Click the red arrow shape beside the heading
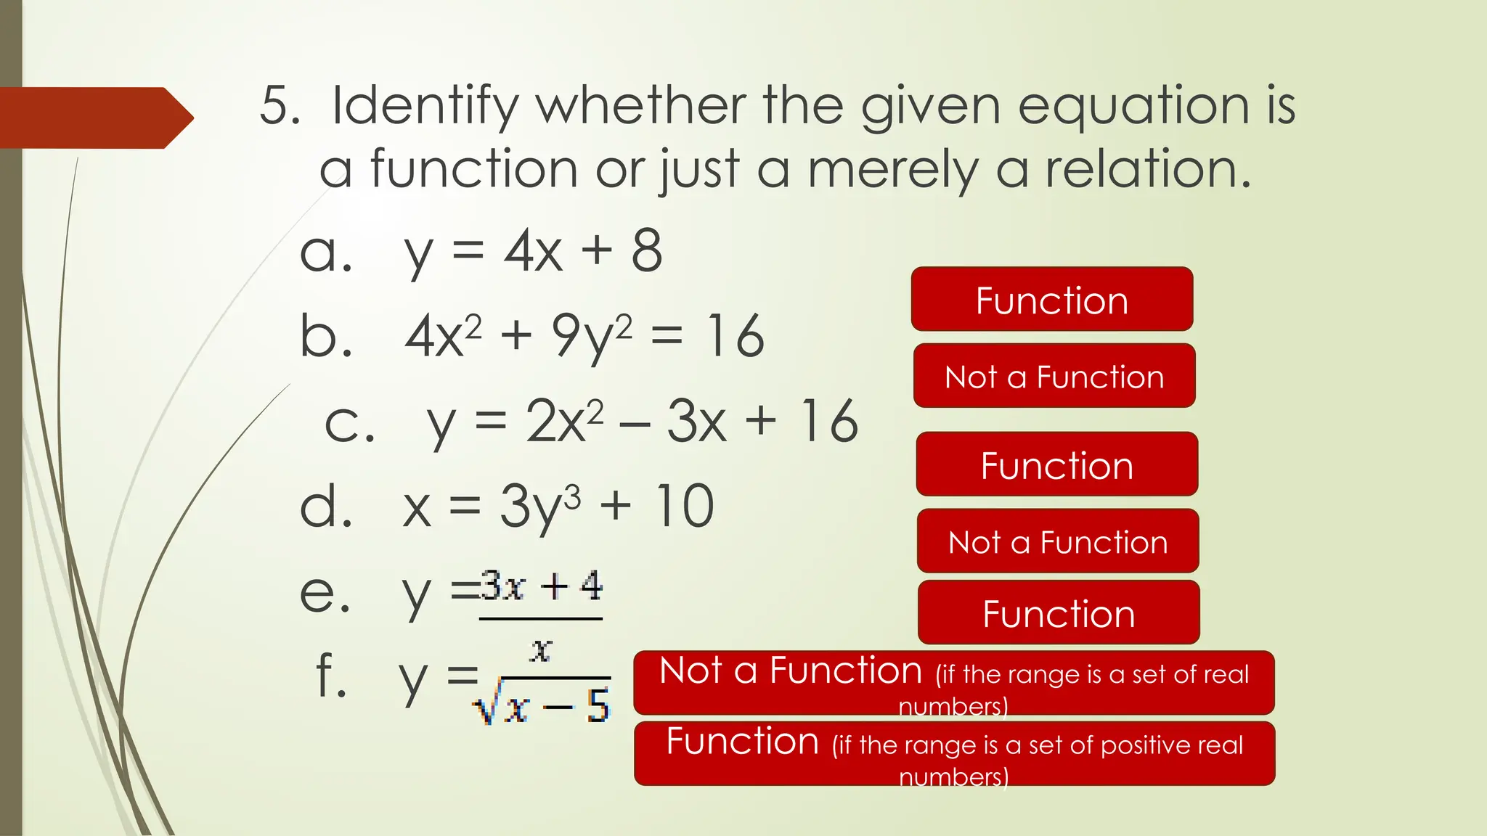tap(94, 118)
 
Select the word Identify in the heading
tap(425, 107)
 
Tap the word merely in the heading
tap(892, 170)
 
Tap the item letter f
tap(331, 675)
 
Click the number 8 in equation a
tap(646, 251)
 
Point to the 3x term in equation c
tap(696, 422)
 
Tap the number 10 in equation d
tap(684, 507)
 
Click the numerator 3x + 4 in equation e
tap(542, 586)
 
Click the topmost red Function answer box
tap(1051, 300)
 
